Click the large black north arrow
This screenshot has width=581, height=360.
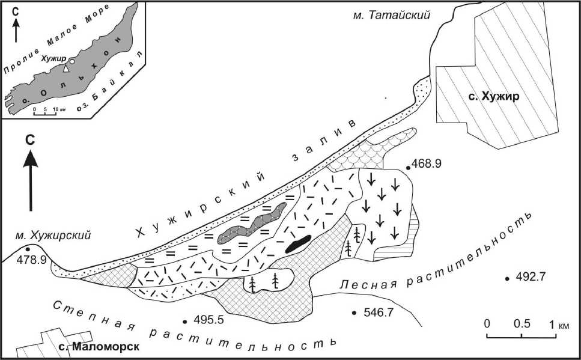pos(31,177)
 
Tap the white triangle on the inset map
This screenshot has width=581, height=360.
pos(67,70)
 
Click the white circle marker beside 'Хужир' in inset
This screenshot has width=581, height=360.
pos(71,62)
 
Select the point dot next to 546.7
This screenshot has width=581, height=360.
pos(355,313)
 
